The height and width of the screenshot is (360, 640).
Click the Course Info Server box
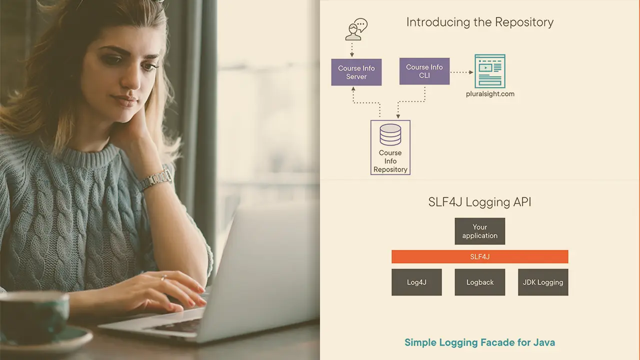(x=356, y=72)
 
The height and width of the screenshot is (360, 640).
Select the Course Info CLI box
(x=424, y=71)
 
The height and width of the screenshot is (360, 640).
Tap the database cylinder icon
(x=390, y=134)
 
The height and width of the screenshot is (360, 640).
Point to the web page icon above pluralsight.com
(x=489, y=70)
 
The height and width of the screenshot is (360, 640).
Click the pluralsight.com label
(x=489, y=94)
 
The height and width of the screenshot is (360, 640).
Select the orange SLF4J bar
(x=479, y=256)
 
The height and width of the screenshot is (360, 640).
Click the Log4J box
(x=416, y=282)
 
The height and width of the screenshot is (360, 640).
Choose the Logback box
(x=479, y=282)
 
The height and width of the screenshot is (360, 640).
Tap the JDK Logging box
(x=542, y=282)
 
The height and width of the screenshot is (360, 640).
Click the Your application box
(x=479, y=231)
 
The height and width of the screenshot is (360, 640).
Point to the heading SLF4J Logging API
(x=479, y=202)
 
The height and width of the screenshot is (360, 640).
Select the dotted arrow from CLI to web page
(x=461, y=72)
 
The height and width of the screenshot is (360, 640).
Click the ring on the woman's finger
(x=163, y=278)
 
